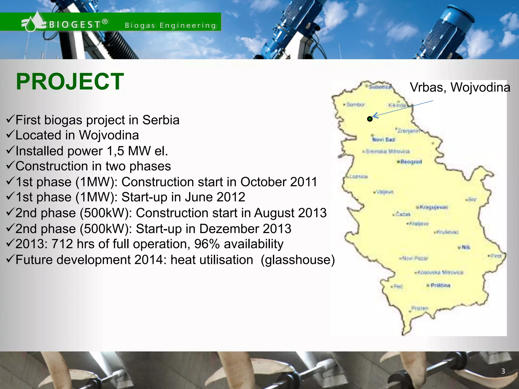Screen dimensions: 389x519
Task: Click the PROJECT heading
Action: coord(70,82)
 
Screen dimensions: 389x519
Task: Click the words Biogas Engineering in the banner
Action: coord(170,25)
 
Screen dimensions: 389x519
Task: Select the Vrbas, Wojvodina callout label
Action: coord(460,87)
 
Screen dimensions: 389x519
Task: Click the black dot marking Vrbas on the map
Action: coord(370,119)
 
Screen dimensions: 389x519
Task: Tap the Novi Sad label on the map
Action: coord(383,140)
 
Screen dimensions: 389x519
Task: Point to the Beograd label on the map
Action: coord(411,162)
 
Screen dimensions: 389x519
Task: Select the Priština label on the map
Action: coord(440,285)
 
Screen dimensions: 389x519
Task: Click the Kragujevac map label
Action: coord(434,207)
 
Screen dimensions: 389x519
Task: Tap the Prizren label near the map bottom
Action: coord(420,308)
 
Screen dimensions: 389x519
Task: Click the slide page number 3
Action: coord(503,371)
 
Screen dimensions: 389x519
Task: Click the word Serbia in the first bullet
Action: coord(161,120)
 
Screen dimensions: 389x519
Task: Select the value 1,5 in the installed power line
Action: coord(116,151)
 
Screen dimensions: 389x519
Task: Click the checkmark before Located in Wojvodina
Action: coord(10,135)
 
